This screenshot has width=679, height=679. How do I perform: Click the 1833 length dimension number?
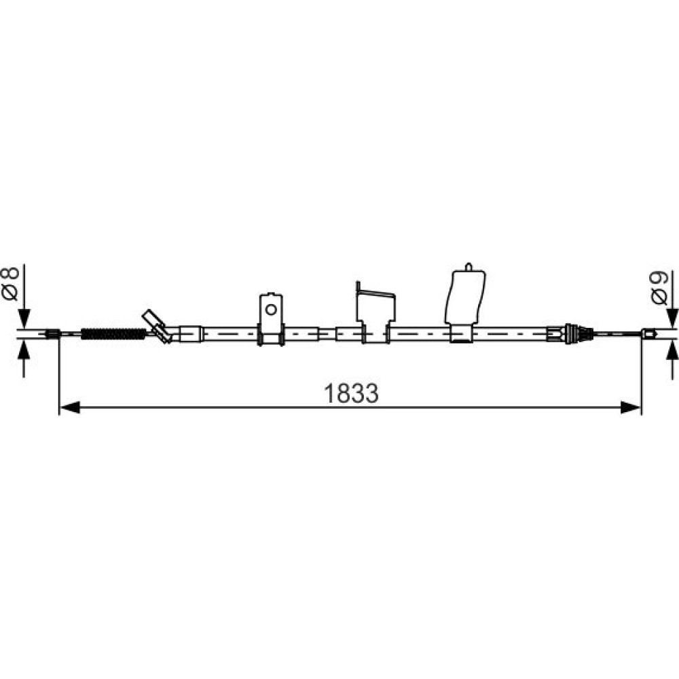(351, 393)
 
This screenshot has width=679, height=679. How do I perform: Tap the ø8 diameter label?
(11, 284)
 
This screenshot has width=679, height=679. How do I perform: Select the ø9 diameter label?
(659, 288)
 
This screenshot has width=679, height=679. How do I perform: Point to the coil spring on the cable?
(114, 334)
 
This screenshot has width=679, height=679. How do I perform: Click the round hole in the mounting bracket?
(271, 310)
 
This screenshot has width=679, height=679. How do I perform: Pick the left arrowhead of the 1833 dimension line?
(69, 407)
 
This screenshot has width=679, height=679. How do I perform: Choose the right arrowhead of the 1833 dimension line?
(631, 407)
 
